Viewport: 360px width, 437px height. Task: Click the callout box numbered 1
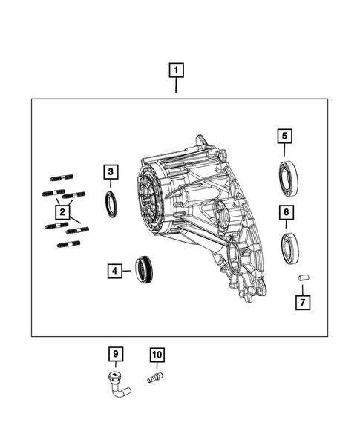pos(176,71)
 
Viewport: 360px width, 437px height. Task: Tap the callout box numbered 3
pos(110,173)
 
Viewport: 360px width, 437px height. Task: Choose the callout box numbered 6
pos(284,211)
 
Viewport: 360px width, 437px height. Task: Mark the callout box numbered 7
pos(304,302)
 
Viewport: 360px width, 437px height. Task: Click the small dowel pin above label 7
pos(304,278)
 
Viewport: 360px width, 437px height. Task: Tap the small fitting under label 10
pos(156,378)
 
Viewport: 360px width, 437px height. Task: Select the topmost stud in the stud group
pos(60,178)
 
